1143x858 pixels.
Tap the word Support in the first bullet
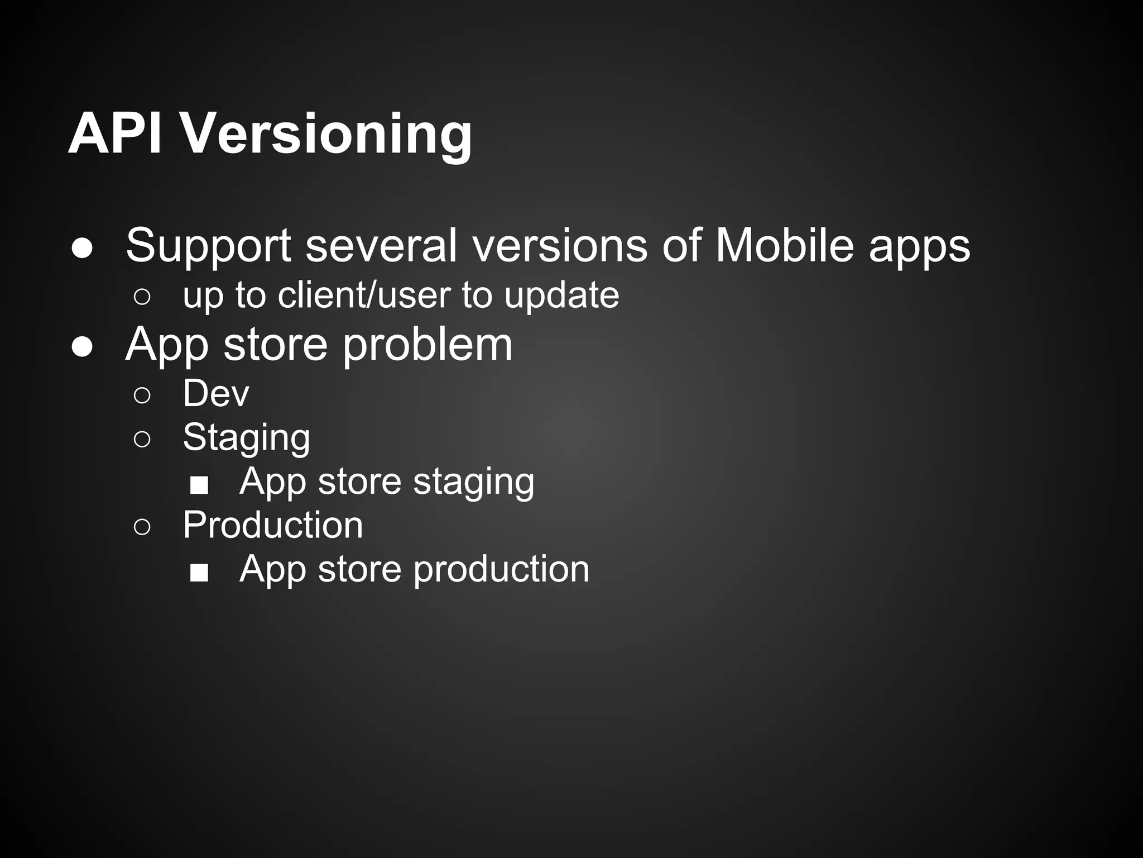pyautogui.click(x=208, y=246)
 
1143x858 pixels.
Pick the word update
pyautogui.click(x=561, y=296)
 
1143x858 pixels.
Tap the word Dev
pyautogui.click(x=216, y=393)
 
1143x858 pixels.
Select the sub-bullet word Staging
pyautogui.click(x=246, y=438)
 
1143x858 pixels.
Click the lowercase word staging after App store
pyautogui.click(x=473, y=482)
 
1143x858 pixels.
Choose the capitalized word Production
pyautogui.click(x=273, y=525)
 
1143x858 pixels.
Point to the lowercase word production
pyautogui.click(x=501, y=570)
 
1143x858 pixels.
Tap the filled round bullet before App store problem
pyautogui.click(x=82, y=347)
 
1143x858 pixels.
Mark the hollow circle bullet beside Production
pyautogui.click(x=142, y=527)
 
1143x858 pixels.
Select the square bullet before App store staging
pyautogui.click(x=199, y=484)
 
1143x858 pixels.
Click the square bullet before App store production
pyautogui.click(x=199, y=572)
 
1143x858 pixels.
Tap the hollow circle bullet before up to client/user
pyautogui.click(x=142, y=297)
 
